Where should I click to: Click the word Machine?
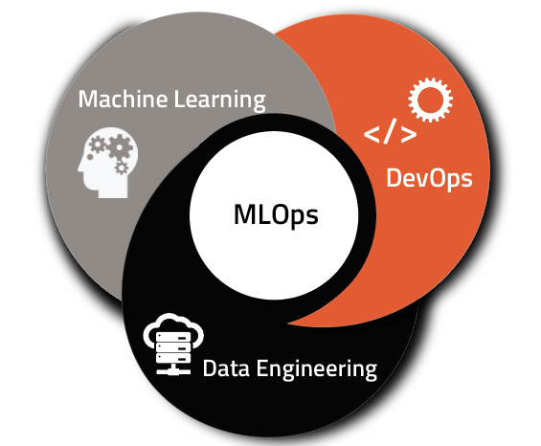[124, 99]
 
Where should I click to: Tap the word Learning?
[220, 100]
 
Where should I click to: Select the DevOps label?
[429, 179]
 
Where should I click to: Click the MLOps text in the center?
[276, 215]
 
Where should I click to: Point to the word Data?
[226, 368]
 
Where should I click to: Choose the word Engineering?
[317, 369]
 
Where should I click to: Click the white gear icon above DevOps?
[430, 100]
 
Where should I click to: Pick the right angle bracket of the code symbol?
[409, 135]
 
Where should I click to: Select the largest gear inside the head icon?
[119, 147]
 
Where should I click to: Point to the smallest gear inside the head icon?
[121, 168]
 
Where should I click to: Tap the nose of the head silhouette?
[80, 168]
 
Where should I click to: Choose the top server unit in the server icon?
[173, 337]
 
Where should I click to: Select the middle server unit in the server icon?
[173, 347]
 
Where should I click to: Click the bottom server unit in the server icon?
[173, 358]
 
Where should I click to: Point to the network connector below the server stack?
[173, 369]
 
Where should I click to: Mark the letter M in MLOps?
[246, 214]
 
